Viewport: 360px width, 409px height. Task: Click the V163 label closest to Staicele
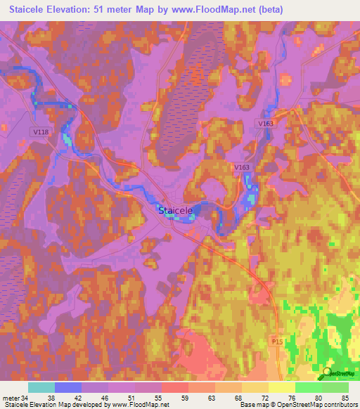point(242,167)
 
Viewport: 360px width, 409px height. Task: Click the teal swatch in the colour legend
point(41,387)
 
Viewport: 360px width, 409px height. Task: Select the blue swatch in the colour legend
point(68,387)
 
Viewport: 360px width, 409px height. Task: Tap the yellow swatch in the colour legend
point(281,387)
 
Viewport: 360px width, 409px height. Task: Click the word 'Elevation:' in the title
point(77,9)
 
